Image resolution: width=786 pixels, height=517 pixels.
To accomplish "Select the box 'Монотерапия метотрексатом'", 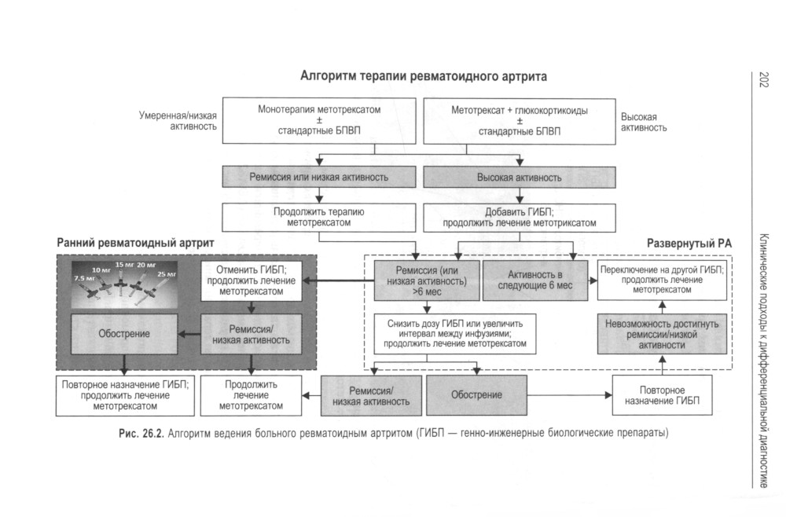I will coord(319,120).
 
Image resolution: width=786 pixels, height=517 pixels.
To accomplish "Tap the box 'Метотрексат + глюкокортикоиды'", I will coord(519,120).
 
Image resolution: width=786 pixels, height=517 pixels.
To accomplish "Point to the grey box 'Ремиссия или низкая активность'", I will coord(319,178).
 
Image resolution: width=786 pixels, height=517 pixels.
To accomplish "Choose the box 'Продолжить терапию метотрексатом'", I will coord(319,217).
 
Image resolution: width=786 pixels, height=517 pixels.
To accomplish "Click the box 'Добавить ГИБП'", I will coord(519,217).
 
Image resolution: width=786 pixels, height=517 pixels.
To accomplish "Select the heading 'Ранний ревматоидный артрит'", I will coord(135,243).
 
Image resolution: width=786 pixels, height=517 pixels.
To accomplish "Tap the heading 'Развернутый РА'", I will coord(689,244).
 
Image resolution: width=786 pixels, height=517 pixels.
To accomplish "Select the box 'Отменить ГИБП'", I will coord(252,281).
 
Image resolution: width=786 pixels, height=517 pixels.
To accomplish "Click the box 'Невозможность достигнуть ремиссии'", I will coord(662,333).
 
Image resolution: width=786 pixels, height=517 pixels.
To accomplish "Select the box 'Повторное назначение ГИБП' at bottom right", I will coord(662,395).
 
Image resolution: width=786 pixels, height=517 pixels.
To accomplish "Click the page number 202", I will coord(762,79).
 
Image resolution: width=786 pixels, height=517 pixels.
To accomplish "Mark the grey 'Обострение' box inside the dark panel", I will coord(124,333).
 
